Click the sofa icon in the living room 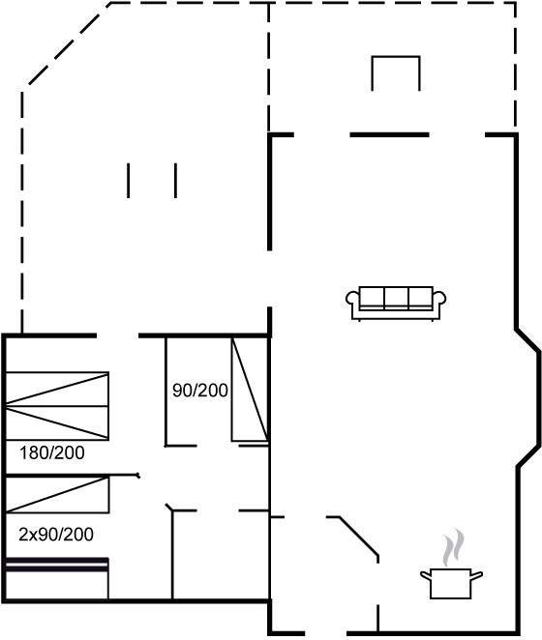pos(396,304)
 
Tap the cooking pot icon pos(451,583)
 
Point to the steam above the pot pos(454,547)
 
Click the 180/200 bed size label pos(52,452)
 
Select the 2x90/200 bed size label pos(56,535)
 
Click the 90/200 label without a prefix pos(200,391)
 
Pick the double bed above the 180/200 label pos(57,406)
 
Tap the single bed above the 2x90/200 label pos(57,494)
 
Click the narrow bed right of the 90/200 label pos(250,390)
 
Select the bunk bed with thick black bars pos(57,578)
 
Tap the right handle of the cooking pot pos(477,575)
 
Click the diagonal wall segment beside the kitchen pos(358,537)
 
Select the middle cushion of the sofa pos(397,297)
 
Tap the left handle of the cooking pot pos(426,575)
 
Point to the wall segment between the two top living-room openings pos(389,134)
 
